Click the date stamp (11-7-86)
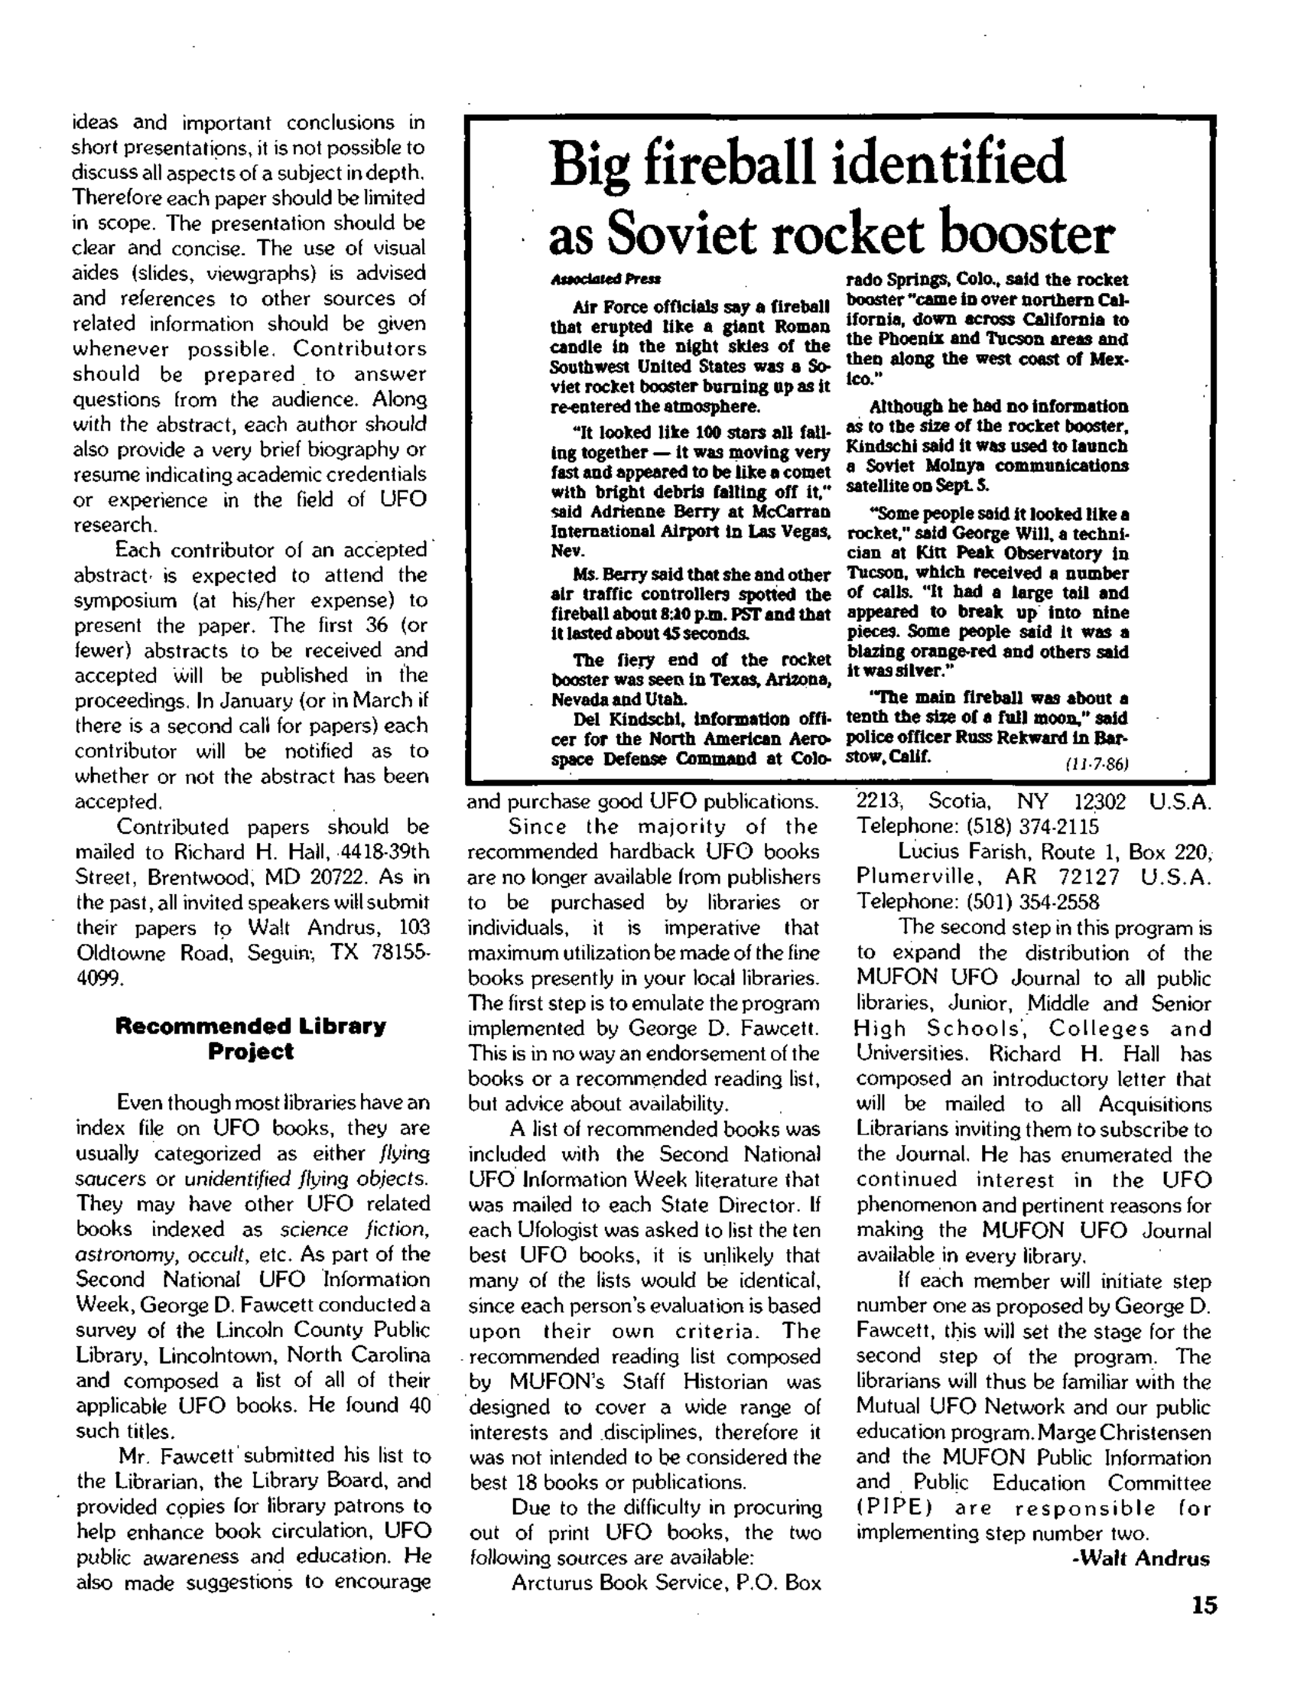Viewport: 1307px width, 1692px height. [1096, 764]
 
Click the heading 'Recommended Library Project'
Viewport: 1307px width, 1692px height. [250, 1039]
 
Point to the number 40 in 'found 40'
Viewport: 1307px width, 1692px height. [419, 1405]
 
